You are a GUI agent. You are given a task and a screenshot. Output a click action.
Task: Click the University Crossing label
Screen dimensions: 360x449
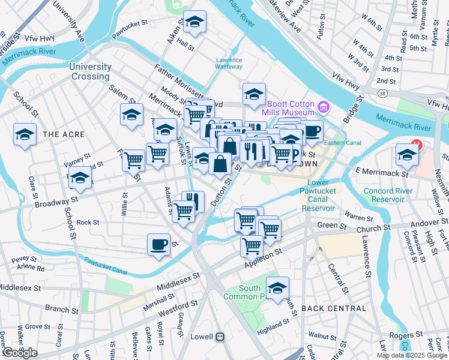[x=90, y=71]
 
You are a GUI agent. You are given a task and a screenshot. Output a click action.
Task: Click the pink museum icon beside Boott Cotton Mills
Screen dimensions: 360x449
[x=324, y=108]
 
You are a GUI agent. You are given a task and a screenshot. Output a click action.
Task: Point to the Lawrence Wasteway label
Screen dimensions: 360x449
[x=229, y=64]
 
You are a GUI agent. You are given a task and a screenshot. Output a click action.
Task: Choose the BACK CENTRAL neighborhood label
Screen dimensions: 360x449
[x=334, y=308]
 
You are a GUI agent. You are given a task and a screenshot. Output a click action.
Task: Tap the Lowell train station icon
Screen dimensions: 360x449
[x=221, y=337]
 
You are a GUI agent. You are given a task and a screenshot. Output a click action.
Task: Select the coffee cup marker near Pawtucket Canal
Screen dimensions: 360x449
[x=158, y=244]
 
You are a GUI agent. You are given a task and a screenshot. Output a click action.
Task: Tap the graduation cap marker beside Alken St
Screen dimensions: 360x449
[x=194, y=23]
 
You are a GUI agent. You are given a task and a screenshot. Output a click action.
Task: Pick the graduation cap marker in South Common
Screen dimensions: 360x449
[x=277, y=288]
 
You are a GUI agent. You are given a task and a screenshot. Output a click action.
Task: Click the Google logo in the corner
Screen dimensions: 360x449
[x=20, y=353]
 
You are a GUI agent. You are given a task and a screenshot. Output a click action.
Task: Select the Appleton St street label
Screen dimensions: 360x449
[x=262, y=259]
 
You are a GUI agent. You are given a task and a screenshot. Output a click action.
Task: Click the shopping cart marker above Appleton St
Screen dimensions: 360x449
[x=252, y=245]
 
